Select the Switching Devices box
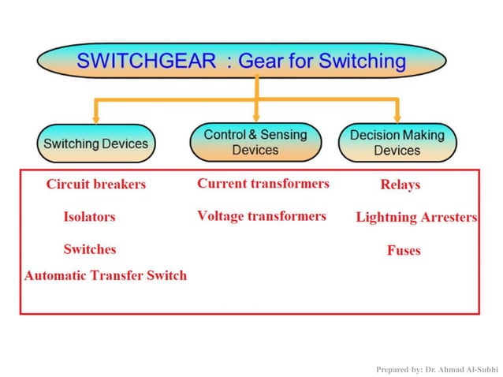95,144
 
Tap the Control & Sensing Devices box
255,142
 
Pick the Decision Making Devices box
397,143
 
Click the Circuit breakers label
95,185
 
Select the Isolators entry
89,217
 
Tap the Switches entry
89,249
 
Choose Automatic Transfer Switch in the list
106,275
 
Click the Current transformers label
263,184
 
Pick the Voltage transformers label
261,216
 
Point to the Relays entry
400,185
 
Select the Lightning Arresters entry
416,218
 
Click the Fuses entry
403,251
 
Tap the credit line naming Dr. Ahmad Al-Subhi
438,368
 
